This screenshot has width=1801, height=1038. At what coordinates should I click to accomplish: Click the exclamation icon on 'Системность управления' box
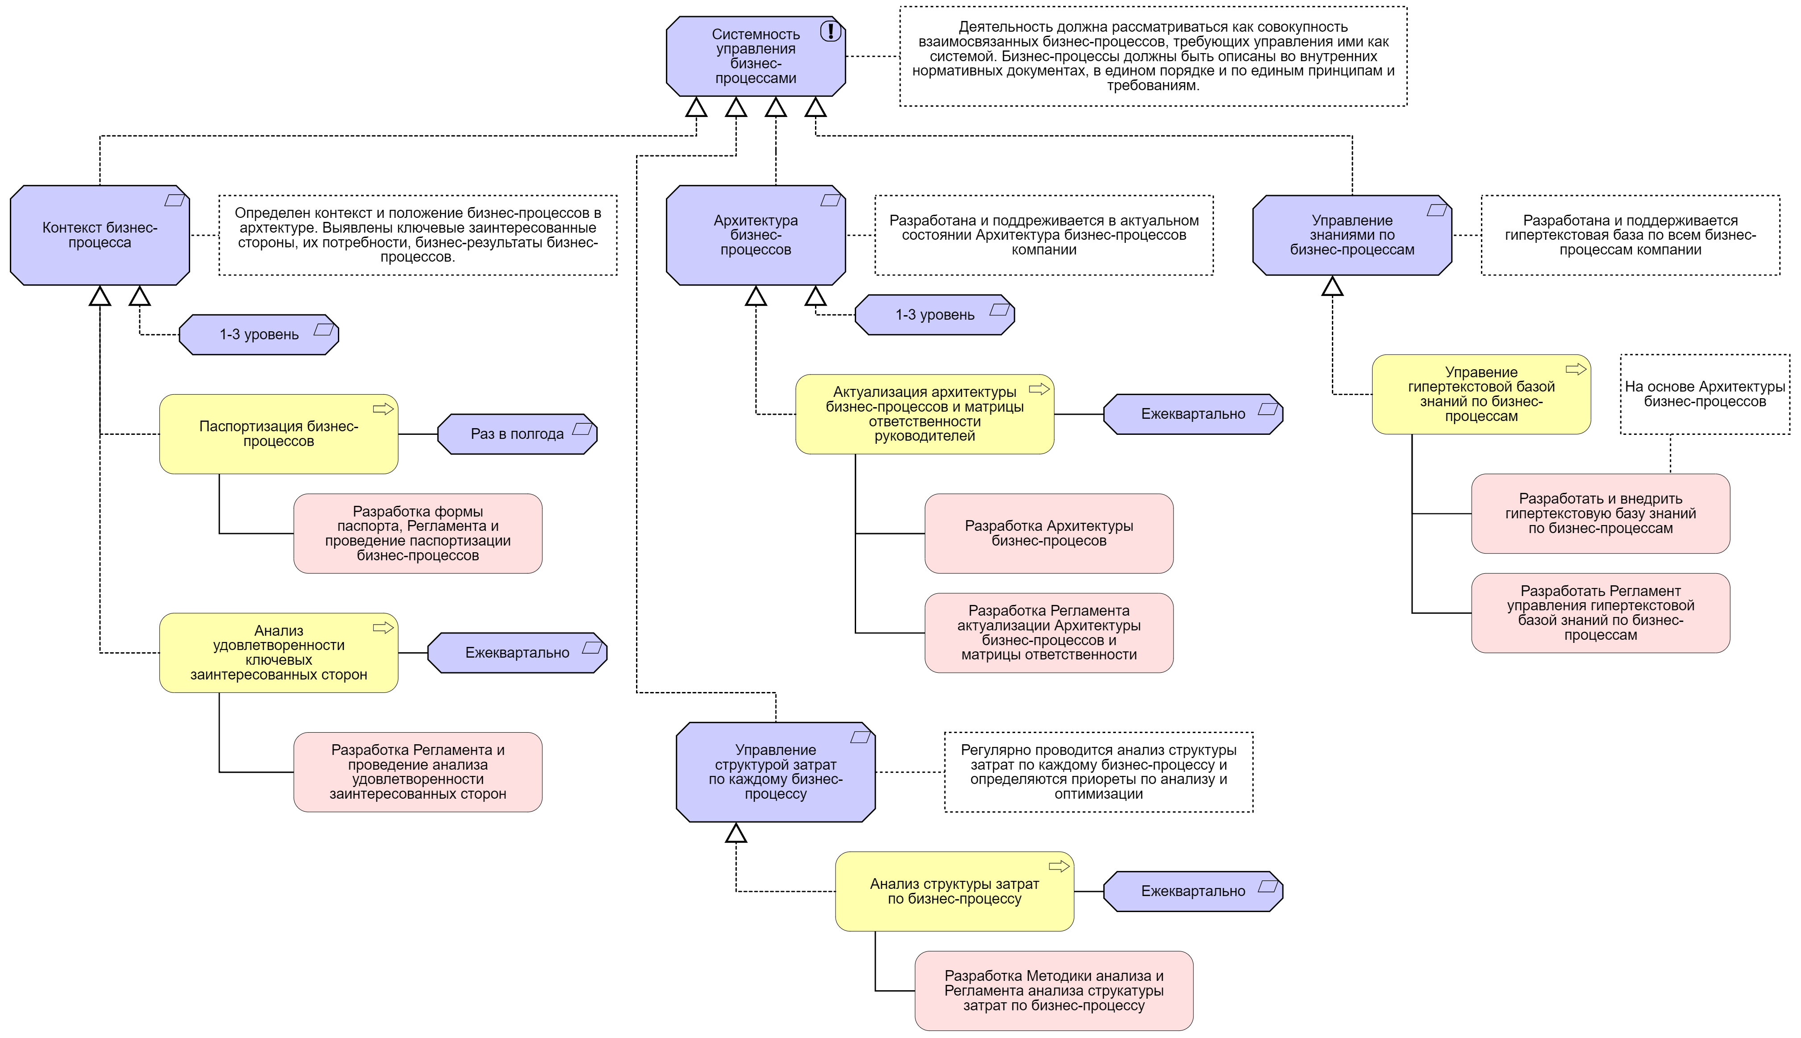point(830,31)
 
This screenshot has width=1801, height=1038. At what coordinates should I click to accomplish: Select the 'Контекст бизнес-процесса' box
point(100,235)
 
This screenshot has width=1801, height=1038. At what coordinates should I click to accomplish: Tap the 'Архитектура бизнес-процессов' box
point(756,235)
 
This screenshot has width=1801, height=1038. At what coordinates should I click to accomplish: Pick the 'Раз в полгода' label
point(517,434)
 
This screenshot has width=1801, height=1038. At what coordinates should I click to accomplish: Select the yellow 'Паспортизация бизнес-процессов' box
point(279,434)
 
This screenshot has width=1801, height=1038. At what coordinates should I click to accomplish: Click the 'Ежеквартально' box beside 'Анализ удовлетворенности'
point(517,653)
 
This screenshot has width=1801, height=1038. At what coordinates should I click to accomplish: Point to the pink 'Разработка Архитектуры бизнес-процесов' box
point(1048,533)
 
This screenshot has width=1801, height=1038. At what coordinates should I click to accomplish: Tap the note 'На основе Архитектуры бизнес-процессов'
point(1704,394)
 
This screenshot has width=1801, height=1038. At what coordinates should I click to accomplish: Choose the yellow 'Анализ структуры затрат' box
point(954,891)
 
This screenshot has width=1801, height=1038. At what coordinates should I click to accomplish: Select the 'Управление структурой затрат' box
point(775,772)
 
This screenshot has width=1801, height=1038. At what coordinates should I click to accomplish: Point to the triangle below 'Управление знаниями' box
point(1332,288)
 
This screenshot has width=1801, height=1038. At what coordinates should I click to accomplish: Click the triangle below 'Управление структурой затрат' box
point(736,834)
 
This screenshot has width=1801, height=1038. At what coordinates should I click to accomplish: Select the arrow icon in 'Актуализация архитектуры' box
point(1039,389)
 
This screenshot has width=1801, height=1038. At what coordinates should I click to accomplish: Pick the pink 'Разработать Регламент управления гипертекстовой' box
point(1600,613)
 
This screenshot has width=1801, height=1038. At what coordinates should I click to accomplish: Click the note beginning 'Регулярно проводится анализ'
point(1098,772)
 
